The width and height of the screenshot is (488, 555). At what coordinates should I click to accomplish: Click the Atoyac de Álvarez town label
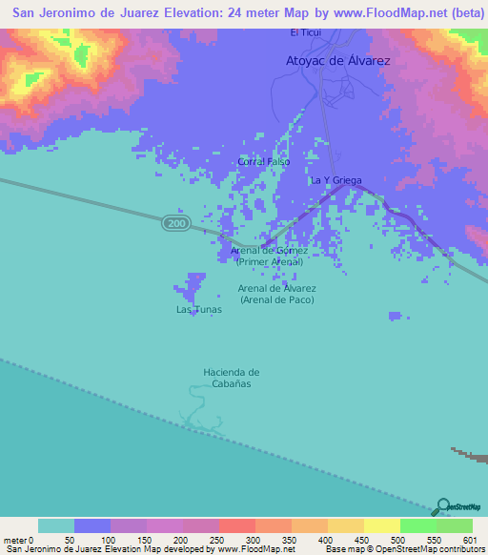pos(339,60)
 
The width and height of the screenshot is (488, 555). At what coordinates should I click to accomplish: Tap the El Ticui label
pos(306,33)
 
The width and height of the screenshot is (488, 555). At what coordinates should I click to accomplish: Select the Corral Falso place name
pos(264,162)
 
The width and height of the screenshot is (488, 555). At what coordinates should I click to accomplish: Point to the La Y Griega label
pos(334,180)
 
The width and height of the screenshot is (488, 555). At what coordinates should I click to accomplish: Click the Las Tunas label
pos(198,310)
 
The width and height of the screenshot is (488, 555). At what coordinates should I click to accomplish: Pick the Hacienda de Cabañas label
pos(231,378)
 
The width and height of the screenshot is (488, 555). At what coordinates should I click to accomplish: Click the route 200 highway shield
pos(174,222)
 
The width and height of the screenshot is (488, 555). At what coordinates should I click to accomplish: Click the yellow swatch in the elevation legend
pos(381,525)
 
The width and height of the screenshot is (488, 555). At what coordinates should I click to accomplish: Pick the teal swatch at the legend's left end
pos(56,525)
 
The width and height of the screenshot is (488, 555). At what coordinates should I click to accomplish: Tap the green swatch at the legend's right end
pos(454,525)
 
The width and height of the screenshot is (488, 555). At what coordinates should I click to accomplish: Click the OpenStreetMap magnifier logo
pos(443,505)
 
